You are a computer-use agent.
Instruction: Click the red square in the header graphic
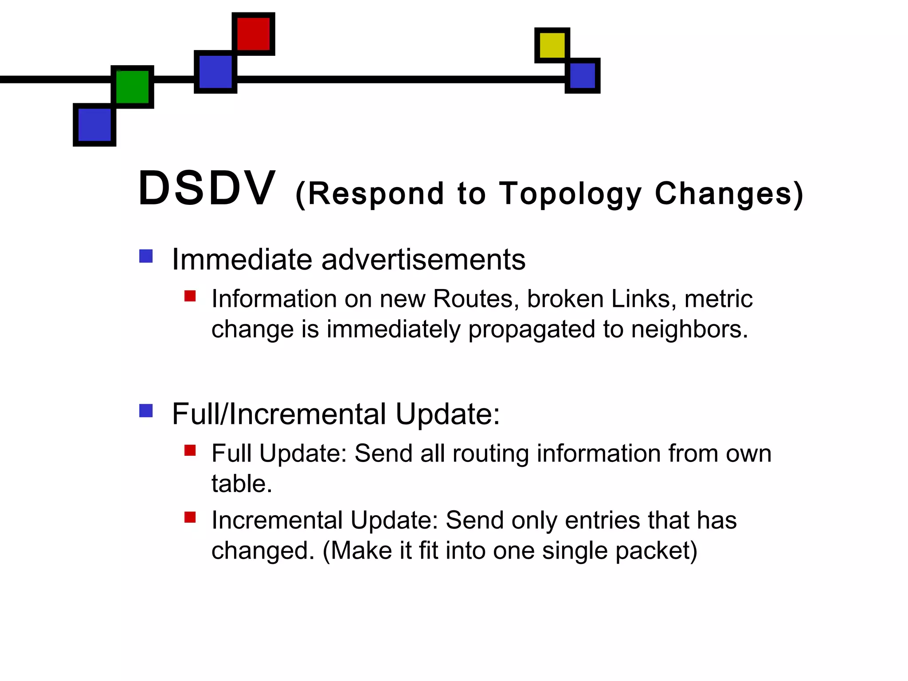[x=253, y=34]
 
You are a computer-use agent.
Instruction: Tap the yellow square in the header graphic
[x=552, y=45]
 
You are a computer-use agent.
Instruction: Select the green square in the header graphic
[x=132, y=87]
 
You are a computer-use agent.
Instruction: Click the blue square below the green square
[x=94, y=125]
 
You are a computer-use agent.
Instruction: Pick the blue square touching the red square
[x=215, y=72]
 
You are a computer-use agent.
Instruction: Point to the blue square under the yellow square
[x=583, y=76]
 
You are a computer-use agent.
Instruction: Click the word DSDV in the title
[x=206, y=189]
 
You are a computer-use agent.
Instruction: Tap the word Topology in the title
[x=571, y=194]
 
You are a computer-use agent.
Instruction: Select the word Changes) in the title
[x=729, y=194]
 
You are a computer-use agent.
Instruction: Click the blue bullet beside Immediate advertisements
[x=146, y=256]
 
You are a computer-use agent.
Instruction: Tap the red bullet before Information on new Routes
[x=190, y=296]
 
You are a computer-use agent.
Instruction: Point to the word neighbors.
[x=689, y=329]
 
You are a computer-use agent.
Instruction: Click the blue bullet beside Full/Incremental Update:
[x=146, y=411]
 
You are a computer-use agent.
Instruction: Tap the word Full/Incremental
[x=279, y=414]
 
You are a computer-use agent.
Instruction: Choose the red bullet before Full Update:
[x=190, y=450]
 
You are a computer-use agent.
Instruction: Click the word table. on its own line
[x=242, y=484]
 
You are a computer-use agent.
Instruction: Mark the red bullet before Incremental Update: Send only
[x=190, y=517]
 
